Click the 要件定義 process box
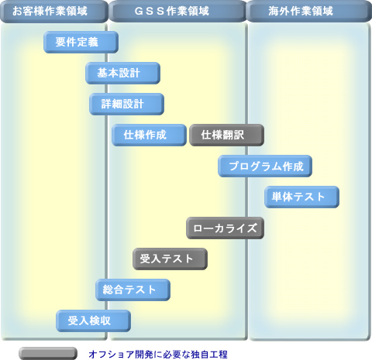[x=81, y=42]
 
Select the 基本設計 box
[x=122, y=73]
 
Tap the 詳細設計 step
[x=126, y=104]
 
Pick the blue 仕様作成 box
[x=149, y=135]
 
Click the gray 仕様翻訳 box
[x=226, y=135]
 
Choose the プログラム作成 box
[x=265, y=166]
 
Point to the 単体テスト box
[x=301, y=197]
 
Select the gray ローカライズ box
[x=225, y=228]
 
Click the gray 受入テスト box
[x=170, y=259]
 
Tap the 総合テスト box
[x=133, y=290]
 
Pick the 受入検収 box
[x=93, y=321]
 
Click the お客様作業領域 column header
[x=54, y=11]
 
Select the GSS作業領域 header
[x=177, y=11]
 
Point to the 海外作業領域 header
[x=309, y=11]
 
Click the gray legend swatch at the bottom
[x=48, y=353]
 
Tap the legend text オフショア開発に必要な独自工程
[x=158, y=354]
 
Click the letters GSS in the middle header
[x=150, y=11]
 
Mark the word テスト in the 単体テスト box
[x=308, y=197]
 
